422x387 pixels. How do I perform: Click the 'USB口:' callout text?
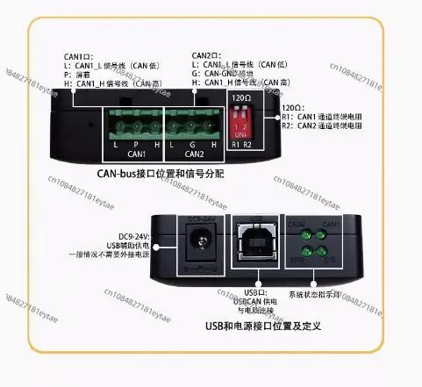(254, 291)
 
